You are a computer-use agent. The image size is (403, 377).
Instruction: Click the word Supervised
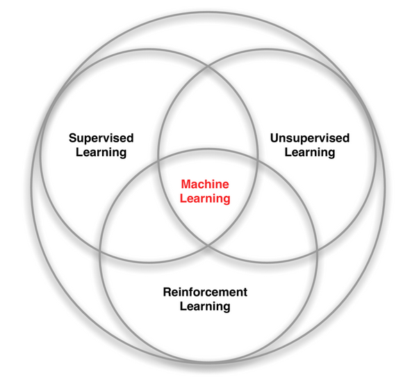101,138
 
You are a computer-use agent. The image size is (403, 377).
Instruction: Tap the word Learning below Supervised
101,152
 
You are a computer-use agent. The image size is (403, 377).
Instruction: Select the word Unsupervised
309,138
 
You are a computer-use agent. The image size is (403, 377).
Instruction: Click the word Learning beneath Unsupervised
309,152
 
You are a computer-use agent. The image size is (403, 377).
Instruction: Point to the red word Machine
204,185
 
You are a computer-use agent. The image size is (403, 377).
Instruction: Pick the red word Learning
204,199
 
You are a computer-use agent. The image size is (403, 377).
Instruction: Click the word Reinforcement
205,292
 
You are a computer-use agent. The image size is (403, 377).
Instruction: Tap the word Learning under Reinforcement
205,305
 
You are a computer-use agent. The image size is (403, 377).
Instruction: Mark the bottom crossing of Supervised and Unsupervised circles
208,244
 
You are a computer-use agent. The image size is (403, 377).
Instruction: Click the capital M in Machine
186,185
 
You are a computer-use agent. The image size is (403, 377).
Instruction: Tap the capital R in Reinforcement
167,292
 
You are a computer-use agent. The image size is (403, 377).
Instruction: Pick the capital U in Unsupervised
274,138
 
